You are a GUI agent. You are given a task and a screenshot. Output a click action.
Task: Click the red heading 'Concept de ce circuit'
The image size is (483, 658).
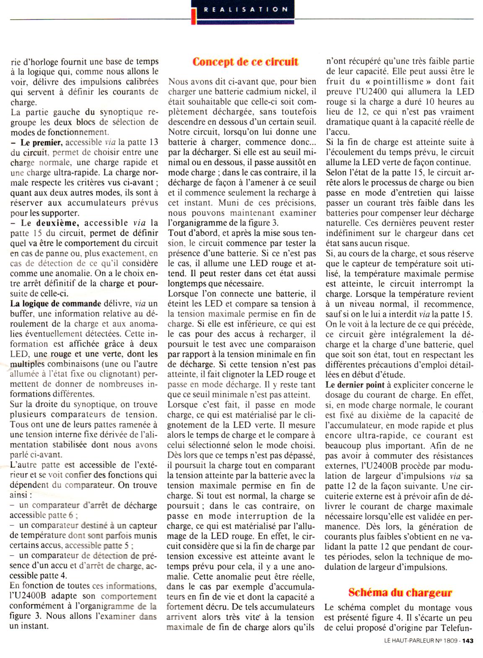point(245,62)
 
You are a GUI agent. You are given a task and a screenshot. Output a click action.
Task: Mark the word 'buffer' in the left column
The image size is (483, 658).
point(21,313)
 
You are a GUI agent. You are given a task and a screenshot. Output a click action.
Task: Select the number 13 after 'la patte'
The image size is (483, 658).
point(153,142)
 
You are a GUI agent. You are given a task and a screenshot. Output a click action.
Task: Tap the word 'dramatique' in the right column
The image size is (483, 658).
point(347,122)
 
